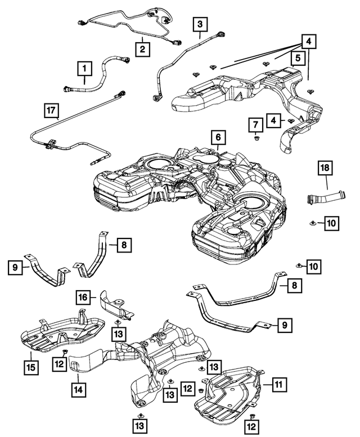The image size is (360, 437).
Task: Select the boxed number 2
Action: [x=143, y=49]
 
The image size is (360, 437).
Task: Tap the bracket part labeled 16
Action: [x=115, y=307]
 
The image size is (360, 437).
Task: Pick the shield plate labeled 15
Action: [x=62, y=335]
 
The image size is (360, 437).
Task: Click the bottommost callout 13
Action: [x=140, y=422]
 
